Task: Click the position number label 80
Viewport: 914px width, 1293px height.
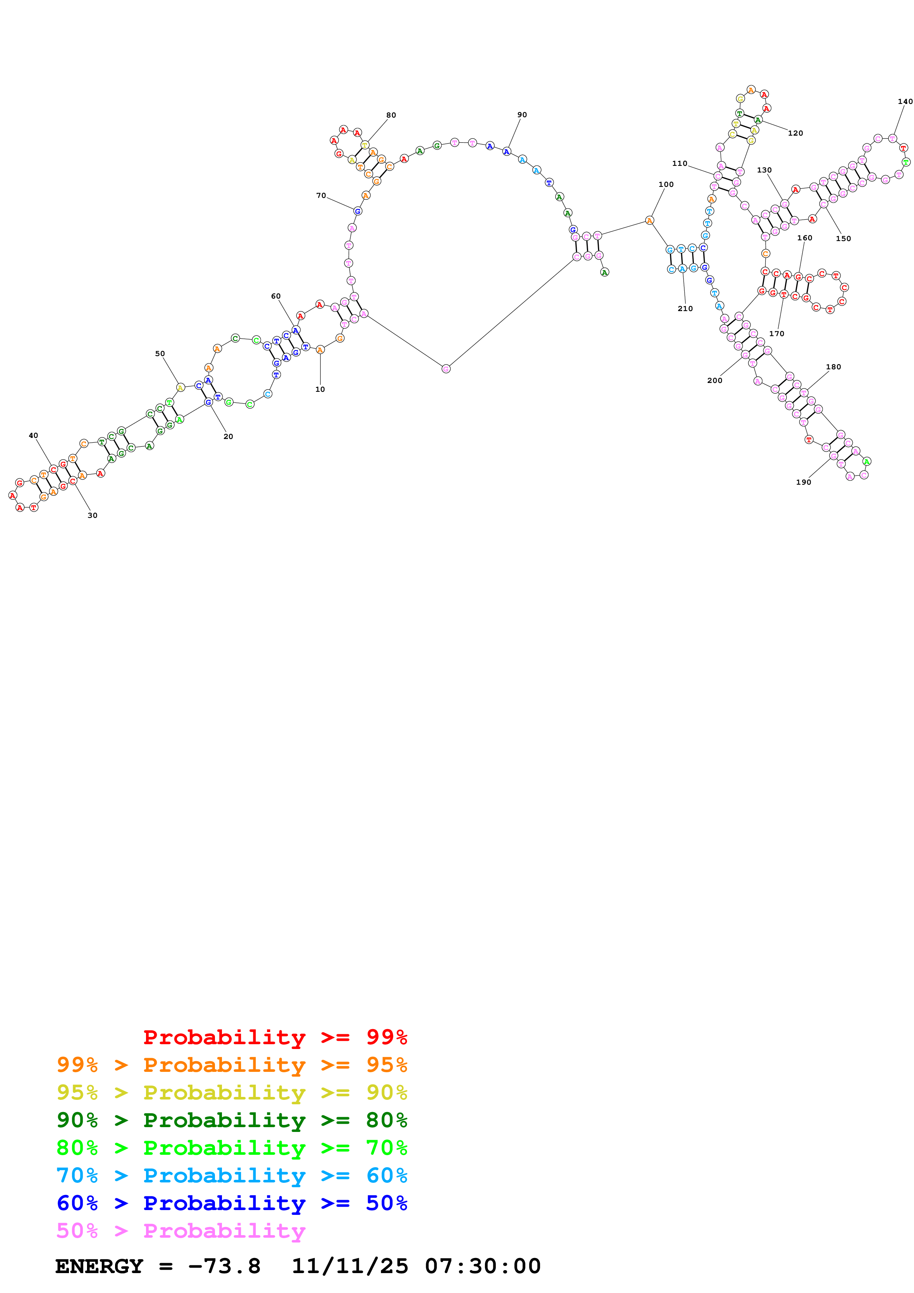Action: click(x=391, y=115)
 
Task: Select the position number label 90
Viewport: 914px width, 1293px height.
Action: click(x=522, y=115)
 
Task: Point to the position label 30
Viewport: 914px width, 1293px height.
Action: click(x=92, y=515)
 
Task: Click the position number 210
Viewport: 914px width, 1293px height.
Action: click(x=685, y=309)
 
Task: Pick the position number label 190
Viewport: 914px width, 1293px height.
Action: click(x=803, y=482)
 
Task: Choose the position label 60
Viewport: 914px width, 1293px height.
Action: click(x=275, y=296)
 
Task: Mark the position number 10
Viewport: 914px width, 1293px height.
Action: click(x=320, y=389)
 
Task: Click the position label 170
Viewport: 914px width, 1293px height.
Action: click(x=776, y=334)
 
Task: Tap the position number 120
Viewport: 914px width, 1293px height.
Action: click(x=795, y=133)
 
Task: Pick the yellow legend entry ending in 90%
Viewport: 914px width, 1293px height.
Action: click(x=232, y=1092)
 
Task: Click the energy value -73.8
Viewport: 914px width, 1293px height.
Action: click(x=224, y=1266)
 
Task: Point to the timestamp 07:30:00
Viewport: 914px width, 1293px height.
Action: click(x=483, y=1266)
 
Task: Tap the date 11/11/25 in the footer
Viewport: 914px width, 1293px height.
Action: click(x=350, y=1266)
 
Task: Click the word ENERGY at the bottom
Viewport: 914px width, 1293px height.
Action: click(x=99, y=1266)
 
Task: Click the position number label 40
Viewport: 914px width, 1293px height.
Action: click(x=33, y=435)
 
